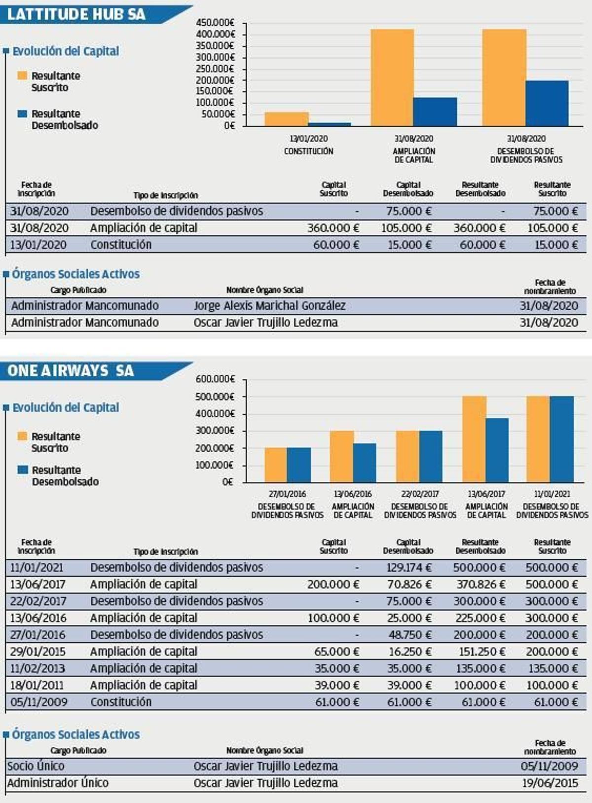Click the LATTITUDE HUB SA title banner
point(76,14)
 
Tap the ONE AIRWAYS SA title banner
point(71,371)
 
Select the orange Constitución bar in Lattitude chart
point(287,119)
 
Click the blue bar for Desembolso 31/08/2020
point(547,103)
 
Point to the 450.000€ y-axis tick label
point(215,23)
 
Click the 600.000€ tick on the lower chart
point(215,379)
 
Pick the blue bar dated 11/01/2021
point(562,439)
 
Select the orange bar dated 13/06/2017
point(474,439)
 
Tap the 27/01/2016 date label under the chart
point(287,494)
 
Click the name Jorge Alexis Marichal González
point(269,306)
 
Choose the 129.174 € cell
point(409,568)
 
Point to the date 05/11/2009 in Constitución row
point(38,702)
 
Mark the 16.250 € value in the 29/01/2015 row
point(410,652)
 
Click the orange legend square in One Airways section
point(22,436)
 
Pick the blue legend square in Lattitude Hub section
point(22,114)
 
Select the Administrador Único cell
point(58,783)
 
